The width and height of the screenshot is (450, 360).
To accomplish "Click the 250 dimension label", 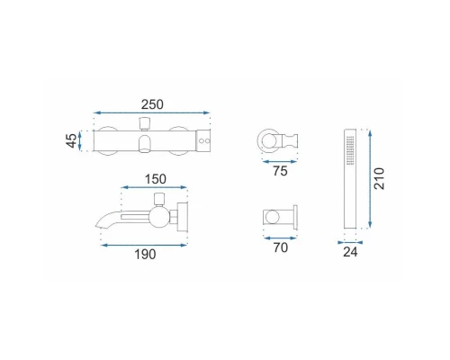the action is [152, 104].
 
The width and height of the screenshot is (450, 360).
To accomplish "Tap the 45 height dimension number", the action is [71, 140].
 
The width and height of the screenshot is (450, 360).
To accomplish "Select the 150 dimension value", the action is [156, 179].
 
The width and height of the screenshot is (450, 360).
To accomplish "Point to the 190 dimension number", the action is [145, 255].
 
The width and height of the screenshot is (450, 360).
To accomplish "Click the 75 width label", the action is [280, 171].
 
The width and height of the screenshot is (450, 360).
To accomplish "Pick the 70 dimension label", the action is [281, 247].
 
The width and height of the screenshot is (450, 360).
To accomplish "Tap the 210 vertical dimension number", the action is [379, 179].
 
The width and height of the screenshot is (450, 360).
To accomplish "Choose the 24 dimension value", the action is [350, 252].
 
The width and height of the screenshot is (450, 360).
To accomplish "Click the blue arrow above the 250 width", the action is [151, 112].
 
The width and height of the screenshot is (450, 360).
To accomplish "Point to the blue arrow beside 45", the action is [80, 140].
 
